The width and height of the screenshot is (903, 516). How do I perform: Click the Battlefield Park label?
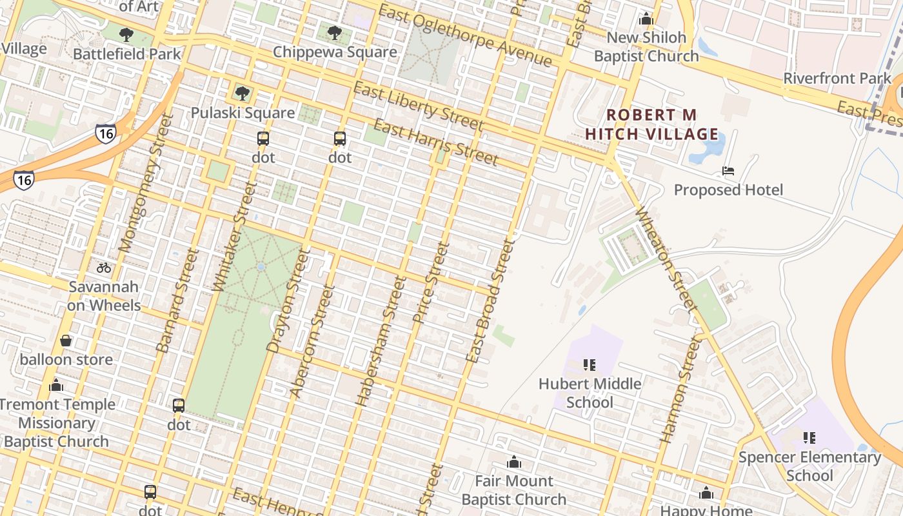127,54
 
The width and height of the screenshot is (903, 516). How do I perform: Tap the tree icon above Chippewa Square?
334,32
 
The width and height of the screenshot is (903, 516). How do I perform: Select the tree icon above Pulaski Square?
243,94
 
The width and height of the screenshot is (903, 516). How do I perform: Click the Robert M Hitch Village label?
652,124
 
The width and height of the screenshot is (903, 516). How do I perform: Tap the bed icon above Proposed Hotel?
728,171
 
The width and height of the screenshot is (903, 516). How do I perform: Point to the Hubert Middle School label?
590,393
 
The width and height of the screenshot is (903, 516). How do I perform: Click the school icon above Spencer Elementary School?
809,438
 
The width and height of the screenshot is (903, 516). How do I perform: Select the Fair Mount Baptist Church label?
514,490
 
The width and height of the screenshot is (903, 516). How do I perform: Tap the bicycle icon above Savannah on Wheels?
104,267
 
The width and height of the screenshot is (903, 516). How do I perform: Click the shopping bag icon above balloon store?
66,341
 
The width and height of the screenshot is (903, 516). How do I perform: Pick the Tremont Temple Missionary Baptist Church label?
57,423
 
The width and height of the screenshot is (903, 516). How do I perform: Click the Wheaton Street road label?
667,259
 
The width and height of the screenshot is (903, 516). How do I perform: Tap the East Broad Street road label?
490,301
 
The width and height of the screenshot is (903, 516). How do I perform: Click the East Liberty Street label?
418,106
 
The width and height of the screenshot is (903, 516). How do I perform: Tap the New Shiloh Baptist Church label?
646,46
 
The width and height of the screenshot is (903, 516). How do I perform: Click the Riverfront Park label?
837,79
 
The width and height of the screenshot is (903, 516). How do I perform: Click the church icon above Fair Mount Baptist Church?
514,462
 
